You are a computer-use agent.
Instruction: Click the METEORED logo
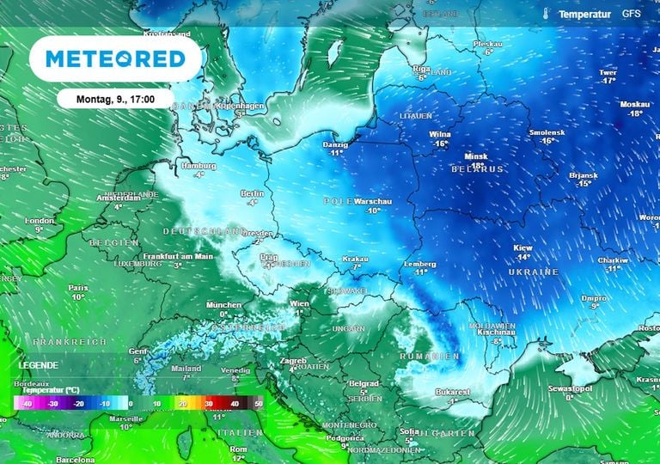[115, 58]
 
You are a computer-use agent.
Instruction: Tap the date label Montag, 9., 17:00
[115, 99]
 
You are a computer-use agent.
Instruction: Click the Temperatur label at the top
[584, 15]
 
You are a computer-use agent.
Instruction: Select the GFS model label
[632, 15]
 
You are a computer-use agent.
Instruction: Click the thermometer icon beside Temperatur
[545, 15]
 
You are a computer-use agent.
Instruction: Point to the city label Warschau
[373, 201]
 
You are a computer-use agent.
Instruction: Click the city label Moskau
[635, 105]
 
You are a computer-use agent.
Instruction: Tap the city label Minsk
[475, 157]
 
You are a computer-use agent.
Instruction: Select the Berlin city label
[252, 193]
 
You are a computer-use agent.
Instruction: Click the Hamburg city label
[198, 165]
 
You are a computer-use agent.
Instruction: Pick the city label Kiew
[523, 248]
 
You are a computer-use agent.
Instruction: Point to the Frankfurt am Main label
[179, 256]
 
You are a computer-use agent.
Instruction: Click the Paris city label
[78, 288]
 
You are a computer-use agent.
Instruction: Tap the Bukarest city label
[451, 392]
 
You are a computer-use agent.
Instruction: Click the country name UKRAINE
[534, 272]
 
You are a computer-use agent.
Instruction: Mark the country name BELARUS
[477, 169]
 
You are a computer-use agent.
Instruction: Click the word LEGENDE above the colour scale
[38, 365]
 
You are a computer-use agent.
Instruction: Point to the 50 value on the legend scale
[258, 403]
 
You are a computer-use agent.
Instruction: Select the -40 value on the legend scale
[28, 403]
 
